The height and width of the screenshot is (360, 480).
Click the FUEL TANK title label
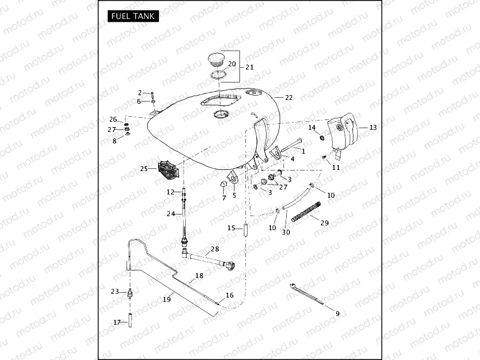pos(132,16)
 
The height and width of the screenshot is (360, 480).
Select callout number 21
pos(250,67)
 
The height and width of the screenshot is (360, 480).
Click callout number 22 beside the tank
pos(288,98)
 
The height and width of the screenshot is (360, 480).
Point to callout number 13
pos(372,127)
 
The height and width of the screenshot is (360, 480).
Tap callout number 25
pos(143,169)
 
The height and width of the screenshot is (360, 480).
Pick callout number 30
pos(286,232)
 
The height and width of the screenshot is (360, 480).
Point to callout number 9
pos(337,313)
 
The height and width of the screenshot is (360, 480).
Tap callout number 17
pos(117,323)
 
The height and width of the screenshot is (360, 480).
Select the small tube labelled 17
pos(130,318)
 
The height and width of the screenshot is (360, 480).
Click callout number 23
pos(115,292)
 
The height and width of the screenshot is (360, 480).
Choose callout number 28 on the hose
pos(215,249)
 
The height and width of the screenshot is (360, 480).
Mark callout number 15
pos(231,228)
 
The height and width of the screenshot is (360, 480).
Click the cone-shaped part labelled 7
pos(222,186)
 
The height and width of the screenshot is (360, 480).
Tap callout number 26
pos(113,119)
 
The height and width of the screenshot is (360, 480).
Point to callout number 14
pos(312,128)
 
